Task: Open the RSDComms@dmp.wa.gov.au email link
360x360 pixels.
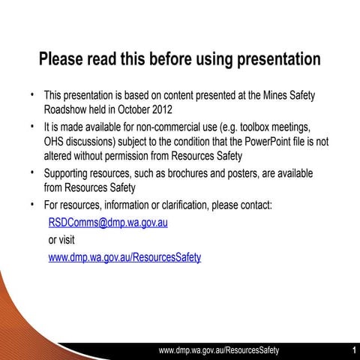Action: point(108,223)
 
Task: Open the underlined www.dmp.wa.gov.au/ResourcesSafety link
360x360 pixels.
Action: point(124,257)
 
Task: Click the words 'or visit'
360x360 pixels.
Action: point(62,240)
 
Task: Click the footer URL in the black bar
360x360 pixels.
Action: point(219,350)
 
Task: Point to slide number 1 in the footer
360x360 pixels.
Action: point(353,350)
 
